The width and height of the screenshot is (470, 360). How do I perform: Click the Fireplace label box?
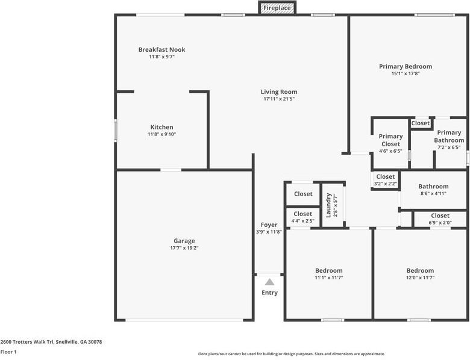(277, 8)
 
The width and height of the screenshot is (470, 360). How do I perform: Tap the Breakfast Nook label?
(162, 50)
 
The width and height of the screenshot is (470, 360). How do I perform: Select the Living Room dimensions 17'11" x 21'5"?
(279, 99)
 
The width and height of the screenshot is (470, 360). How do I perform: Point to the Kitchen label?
(162, 127)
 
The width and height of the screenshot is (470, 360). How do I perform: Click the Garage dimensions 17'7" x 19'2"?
(184, 248)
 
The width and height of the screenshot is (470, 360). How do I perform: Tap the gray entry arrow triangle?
(270, 282)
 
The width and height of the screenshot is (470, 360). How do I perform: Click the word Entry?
(270, 293)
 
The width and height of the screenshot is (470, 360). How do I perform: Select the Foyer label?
(269, 225)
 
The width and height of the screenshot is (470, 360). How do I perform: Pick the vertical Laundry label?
(328, 205)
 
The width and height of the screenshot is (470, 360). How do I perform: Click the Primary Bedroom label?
(406, 66)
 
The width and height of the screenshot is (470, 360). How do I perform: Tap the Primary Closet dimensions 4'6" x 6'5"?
(390, 151)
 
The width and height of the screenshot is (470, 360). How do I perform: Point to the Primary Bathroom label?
(449, 136)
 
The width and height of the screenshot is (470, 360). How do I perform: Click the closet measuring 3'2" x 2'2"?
(386, 180)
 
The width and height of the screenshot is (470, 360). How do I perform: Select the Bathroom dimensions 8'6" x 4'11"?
(433, 193)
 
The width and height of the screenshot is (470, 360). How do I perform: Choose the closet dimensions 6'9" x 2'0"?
(440, 223)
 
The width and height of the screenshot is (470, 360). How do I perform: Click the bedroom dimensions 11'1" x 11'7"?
(329, 278)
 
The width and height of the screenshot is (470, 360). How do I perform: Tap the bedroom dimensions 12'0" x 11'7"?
(420, 278)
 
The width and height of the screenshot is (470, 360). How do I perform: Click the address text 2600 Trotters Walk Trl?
(27, 342)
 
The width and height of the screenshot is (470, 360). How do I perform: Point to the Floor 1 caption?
(8, 352)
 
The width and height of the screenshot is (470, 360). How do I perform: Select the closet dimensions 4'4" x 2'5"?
(302, 222)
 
